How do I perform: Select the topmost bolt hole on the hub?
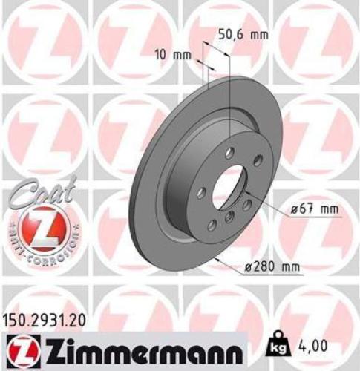click(229, 153)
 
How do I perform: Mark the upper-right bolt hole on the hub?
click(256, 162)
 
